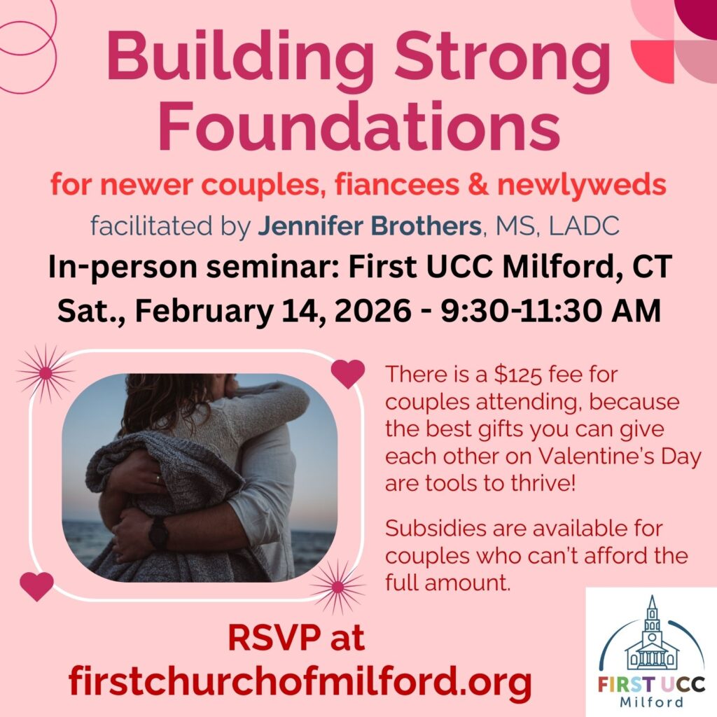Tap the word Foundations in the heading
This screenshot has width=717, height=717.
358,127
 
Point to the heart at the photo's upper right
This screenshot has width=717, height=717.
347,373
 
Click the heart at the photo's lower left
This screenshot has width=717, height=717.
36,585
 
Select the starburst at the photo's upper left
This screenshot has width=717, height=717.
46,373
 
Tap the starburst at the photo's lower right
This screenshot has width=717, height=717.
337,587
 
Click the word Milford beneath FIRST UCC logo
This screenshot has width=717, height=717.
652,702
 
